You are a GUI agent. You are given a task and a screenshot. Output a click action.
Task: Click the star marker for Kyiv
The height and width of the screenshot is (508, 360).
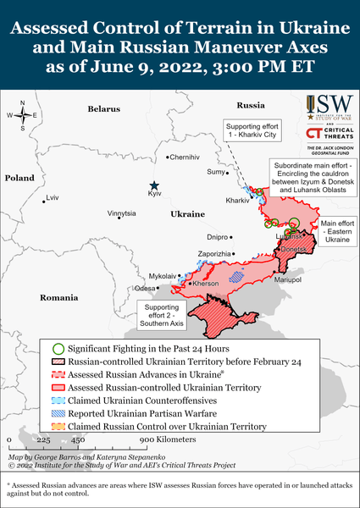[153, 185]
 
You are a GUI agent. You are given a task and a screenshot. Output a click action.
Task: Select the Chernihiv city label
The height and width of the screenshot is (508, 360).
[185, 157]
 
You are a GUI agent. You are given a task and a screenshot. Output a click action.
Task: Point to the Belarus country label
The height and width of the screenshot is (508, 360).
[104, 109]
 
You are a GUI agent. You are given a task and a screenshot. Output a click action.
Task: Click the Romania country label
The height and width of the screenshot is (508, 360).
[58, 298]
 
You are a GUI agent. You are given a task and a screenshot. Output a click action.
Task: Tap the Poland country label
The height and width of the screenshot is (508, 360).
[18, 179]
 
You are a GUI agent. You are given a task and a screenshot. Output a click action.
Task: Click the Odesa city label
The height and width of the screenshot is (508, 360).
[145, 289]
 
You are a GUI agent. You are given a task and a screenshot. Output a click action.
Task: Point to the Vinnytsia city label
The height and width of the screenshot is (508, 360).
[121, 213]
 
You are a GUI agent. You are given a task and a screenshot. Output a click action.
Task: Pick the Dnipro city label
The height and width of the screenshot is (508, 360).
[218, 237]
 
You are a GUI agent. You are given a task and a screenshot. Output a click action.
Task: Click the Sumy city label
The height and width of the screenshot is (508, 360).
[216, 173]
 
